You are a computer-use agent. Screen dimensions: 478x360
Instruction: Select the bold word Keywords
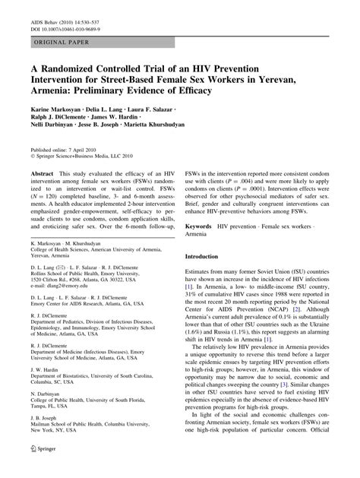click(204, 226)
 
